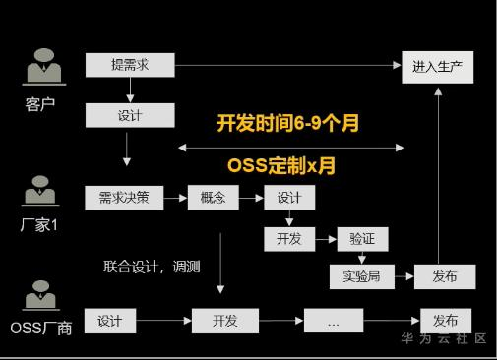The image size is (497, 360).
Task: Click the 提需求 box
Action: tap(130, 65)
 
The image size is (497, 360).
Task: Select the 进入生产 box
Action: tap(438, 67)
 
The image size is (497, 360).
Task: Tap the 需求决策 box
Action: tap(124, 198)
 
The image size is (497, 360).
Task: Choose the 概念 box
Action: tap(214, 198)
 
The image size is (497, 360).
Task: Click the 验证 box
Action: tap(362, 239)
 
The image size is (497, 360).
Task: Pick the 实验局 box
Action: tap(362, 277)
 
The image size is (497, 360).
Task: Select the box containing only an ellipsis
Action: tap(334, 321)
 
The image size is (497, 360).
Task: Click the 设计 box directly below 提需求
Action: tap(130, 115)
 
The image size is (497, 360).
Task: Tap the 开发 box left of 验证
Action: tap(289, 239)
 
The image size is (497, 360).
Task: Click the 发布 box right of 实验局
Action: tap(445, 277)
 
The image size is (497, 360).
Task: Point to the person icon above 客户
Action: tap(44, 67)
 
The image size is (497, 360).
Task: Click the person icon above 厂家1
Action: tap(40, 191)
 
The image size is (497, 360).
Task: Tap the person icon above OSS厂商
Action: tap(41, 295)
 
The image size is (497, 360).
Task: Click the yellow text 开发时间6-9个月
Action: tap(287, 123)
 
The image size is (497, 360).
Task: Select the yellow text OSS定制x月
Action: tap(281, 165)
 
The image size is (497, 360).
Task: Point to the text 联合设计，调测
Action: tap(152, 267)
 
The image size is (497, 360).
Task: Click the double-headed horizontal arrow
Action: tap(290, 148)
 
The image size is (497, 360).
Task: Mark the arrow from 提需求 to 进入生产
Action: tap(288, 66)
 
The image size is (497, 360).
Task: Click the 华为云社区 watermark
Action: tap(444, 338)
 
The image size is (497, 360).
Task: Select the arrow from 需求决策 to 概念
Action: tap(175, 198)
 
